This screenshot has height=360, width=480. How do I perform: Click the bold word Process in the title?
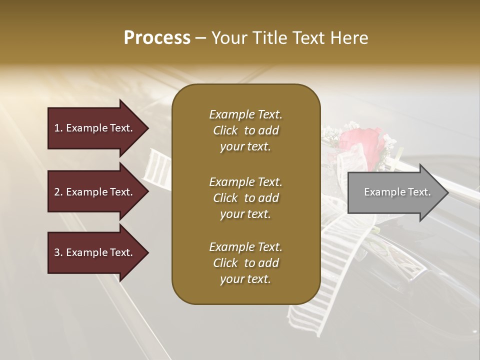[x=157, y=38]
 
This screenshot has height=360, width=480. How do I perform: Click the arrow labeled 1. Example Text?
[x=95, y=128]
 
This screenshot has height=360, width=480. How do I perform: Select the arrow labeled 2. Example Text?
[x=95, y=192]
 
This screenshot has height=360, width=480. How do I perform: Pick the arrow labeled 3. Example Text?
[x=95, y=252]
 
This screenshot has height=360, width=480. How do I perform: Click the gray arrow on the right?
[x=395, y=192]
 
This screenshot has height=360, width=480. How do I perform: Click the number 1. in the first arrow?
[x=58, y=128]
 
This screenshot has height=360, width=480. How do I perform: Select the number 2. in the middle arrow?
[x=58, y=192]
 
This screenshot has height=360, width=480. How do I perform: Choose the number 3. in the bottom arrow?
[x=58, y=252]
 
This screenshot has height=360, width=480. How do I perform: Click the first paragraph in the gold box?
[x=245, y=130]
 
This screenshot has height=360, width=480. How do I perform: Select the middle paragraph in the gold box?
[x=245, y=198]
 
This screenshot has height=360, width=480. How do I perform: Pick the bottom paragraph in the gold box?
[x=245, y=263]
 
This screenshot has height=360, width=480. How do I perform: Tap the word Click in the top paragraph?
[x=225, y=130]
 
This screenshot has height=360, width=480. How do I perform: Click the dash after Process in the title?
[x=201, y=38]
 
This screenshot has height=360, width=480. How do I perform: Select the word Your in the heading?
[x=228, y=38]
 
